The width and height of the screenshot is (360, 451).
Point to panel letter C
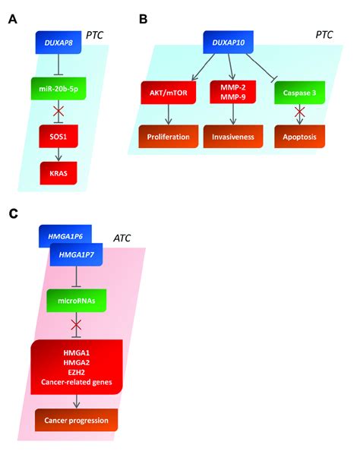(13, 215)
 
